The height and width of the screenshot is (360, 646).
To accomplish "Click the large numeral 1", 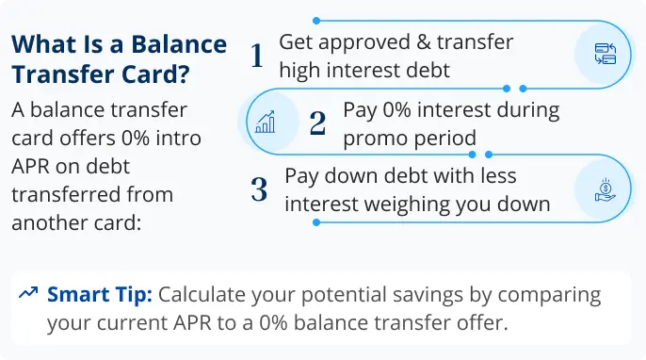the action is pos(257,56).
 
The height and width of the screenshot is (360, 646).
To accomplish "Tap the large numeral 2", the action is pos(317,123).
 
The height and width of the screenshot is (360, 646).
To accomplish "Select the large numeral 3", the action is pos(259,189).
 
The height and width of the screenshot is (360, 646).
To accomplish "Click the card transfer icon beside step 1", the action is pos(606,54).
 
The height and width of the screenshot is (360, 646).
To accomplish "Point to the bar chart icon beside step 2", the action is pos(266,122).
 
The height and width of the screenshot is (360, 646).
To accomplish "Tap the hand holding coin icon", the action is pos(606,189).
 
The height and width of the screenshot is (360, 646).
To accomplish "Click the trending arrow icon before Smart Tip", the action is pos(28,292).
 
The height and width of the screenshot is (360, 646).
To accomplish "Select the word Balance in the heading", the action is pos(179,44).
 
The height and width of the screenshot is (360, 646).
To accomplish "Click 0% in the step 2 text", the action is pos(396,109).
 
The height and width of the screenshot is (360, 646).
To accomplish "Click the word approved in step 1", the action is pos(364,43).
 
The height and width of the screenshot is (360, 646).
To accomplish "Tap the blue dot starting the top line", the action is pos(316,21).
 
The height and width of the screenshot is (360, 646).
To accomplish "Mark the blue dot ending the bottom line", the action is pos(316,222).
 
